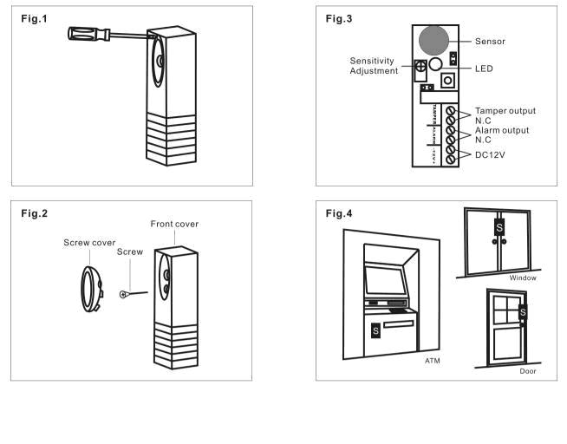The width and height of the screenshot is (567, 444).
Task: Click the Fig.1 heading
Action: [33, 19]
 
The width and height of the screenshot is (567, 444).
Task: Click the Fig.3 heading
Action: [339, 19]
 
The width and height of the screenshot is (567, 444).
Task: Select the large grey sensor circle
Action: [433, 41]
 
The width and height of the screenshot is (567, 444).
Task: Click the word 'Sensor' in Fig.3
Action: [491, 41]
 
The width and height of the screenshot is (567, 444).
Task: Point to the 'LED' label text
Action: [484, 69]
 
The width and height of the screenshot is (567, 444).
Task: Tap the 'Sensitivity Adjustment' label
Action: [374, 66]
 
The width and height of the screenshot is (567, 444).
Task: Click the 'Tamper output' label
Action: [505, 111]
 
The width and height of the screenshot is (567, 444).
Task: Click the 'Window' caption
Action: [523, 278]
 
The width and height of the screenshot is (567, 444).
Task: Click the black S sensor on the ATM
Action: [375, 330]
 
